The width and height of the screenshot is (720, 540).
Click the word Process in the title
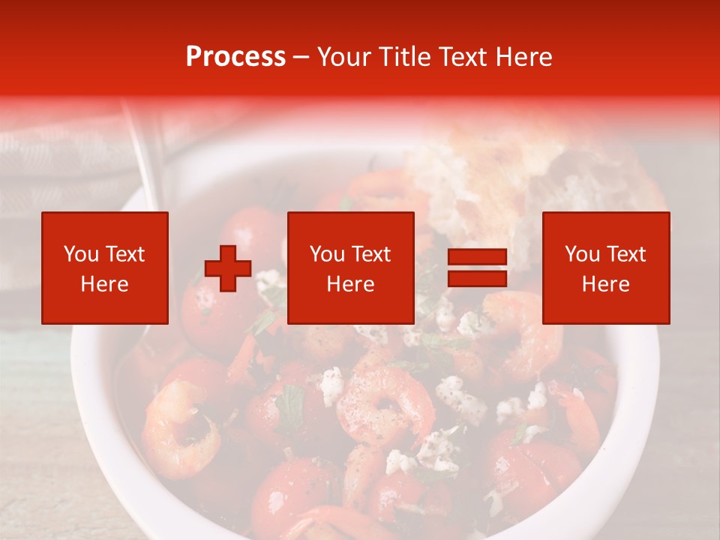click(x=235, y=57)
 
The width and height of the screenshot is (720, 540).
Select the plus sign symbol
click(x=228, y=268)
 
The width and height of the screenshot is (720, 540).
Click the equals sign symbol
click(x=477, y=268)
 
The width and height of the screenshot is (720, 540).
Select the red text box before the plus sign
click(x=105, y=268)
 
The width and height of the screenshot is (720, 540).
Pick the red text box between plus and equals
click(x=350, y=268)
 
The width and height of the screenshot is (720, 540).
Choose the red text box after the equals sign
click(x=606, y=268)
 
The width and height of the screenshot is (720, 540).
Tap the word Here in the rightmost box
click(x=606, y=284)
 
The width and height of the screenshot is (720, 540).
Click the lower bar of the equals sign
click(x=477, y=279)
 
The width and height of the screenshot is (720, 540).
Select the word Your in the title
click(x=342, y=57)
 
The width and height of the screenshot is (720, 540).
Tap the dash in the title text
click(x=301, y=58)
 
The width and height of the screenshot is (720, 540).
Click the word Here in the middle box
click(x=350, y=284)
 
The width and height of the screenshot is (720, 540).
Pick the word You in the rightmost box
click(x=582, y=254)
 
